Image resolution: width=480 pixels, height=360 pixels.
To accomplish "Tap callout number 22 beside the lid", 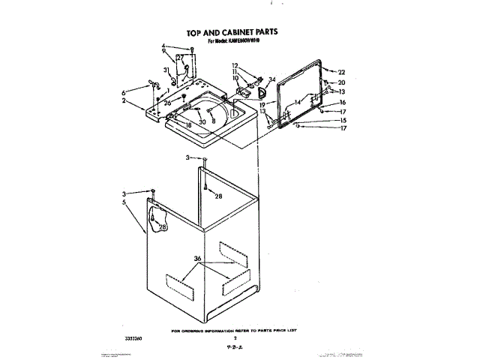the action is coord(342,72).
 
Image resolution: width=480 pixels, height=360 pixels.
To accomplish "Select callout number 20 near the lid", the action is coord(342,82).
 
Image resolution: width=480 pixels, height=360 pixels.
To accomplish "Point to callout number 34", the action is coord(271,79).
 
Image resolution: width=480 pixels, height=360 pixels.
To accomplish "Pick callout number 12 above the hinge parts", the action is coord(235,65).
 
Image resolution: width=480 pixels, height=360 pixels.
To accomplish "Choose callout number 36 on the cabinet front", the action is coord(198,259).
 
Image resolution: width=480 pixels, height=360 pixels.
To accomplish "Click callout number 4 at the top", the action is coord(163,46).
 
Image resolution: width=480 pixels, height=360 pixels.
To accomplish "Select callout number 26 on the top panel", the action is coord(168,103).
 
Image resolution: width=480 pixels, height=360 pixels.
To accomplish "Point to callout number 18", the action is coord(189,125).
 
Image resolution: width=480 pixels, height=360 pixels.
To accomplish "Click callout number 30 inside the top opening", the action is coord(202,121).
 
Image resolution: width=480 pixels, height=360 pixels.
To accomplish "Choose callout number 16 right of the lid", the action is coord(342,102).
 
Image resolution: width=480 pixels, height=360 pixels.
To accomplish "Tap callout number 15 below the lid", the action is coord(342,120).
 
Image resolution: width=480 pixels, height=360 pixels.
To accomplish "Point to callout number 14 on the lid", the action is coord(297,101).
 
